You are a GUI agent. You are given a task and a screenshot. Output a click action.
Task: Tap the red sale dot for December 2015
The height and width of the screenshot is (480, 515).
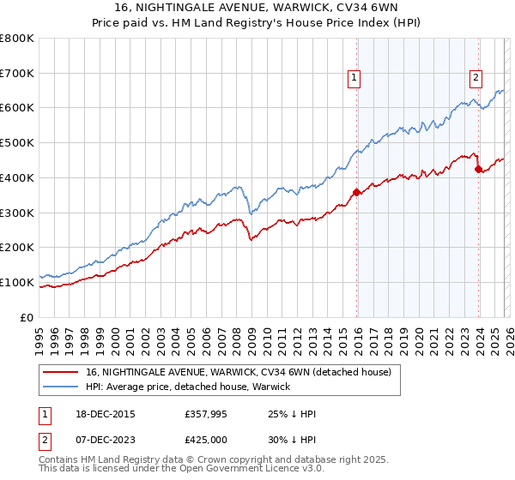(x=356, y=192)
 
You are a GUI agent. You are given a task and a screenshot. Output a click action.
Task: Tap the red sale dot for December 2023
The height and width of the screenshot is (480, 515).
(x=478, y=169)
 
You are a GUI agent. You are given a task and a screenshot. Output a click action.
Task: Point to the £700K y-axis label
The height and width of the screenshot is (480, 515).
(x=17, y=73)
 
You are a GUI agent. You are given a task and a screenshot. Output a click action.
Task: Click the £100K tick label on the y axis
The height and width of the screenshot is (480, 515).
(x=17, y=282)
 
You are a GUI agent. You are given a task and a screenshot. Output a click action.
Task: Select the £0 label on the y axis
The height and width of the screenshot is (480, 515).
(x=28, y=317)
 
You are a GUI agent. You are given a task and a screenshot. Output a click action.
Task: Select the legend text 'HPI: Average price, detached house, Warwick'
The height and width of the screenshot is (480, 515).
(x=188, y=387)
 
